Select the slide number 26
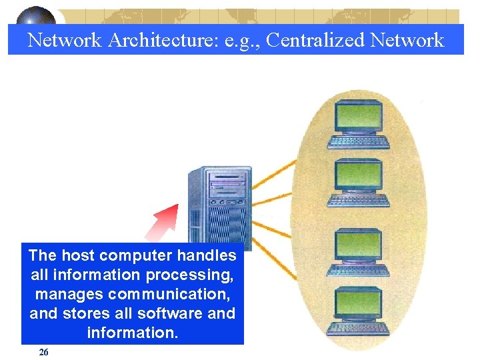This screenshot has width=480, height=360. click(44, 352)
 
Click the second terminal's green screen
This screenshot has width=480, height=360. click(359, 176)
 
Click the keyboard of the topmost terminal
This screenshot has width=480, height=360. click(359, 141)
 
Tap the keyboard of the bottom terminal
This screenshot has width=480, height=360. click(359, 328)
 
